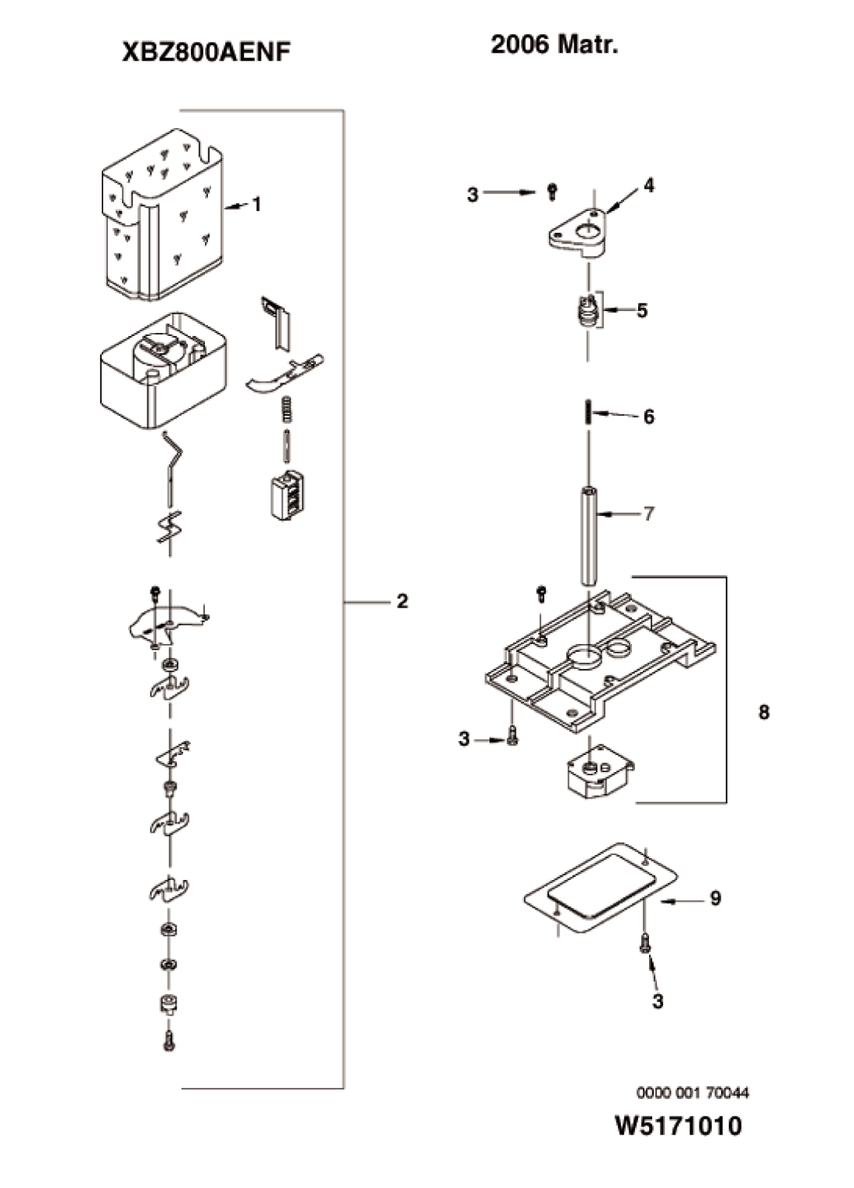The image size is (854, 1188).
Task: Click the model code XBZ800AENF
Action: tap(207, 53)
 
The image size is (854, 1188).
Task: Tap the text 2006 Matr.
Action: tap(554, 45)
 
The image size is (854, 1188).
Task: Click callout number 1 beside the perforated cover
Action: tap(256, 204)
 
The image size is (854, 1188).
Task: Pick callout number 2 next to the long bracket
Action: tap(402, 601)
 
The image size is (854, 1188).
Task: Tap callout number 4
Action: tap(648, 185)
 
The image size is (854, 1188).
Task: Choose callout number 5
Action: tap(642, 310)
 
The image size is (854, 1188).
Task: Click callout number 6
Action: tap(648, 417)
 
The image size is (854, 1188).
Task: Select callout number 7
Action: tap(648, 514)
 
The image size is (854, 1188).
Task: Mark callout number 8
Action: tap(763, 712)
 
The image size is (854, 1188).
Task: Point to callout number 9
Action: tap(716, 899)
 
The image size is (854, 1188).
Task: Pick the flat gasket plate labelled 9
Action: tap(601, 889)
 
